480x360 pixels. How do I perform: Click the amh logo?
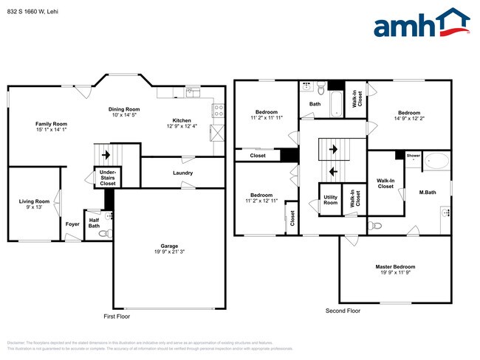pyautogui.click(x=421, y=24)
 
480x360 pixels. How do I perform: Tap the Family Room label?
pyautogui.click(x=52, y=124)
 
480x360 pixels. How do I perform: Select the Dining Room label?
pyautogui.click(x=125, y=109)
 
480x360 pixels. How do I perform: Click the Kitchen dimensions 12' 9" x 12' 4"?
pyautogui.click(x=182, y=126)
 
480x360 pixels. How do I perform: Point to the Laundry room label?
pyautogui.click(x=183, y=173)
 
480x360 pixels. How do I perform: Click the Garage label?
pyautogui.click(x=170, y=246)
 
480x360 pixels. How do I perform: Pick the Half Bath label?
pyautogui.click(x=94, y=222)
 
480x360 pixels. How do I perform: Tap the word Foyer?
pyautogui.click(x=72, y=224)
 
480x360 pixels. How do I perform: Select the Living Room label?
pyautogui.click(x=35, y=201)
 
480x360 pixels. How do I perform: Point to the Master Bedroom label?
pyautogui.click(x=394, y=266)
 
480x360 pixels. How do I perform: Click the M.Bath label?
pyautogui.click(x=427, y=193)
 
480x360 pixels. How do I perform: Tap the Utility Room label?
pyautogui.click(x=331, y=199)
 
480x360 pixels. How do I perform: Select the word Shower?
pyautogui.click(x=413, y=156)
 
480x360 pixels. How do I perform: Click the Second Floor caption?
pyautogui.click(x=343, y=311)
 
